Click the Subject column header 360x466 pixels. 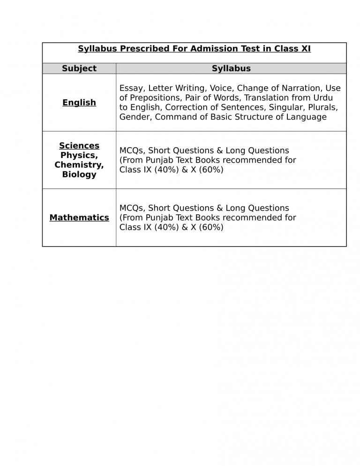click(79, 68)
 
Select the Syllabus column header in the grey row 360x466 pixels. click(231, 68)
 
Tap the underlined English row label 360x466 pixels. click(79, 103)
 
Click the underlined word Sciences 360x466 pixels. click(79, 146)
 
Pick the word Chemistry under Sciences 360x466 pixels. click(79, 165)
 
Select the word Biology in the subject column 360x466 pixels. click(79, 174)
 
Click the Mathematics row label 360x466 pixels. click(79, 218)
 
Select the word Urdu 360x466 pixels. click(323, 98)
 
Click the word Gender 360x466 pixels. click(135, 117)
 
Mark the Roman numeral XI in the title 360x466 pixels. click(306, 49)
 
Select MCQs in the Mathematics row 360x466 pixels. click(132, 208)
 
